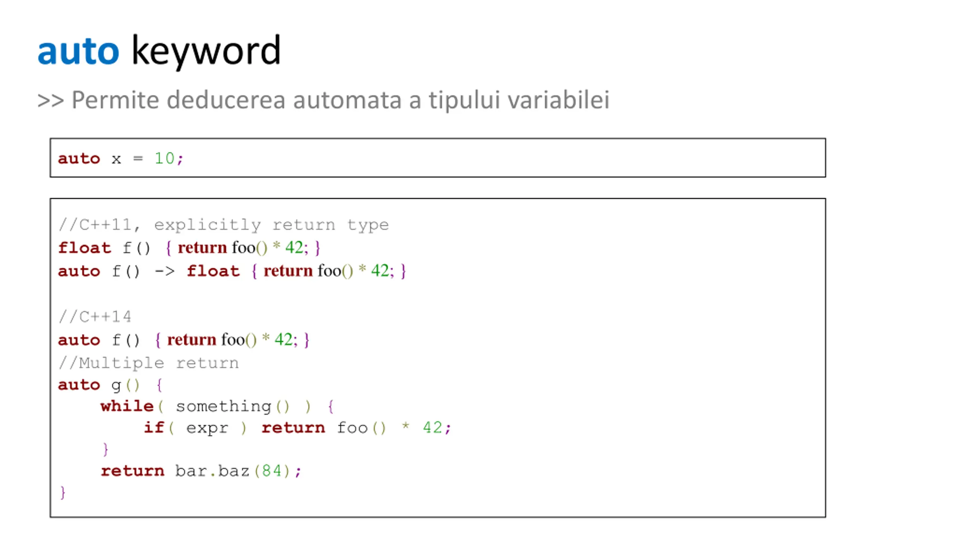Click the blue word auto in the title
coord(78,52)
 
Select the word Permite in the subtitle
coord(115,100)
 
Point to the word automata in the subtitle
coord(347,100)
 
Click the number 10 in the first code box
coord(164,158)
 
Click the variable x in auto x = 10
coord(116,159)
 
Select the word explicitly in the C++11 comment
coord(207,225)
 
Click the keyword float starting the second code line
coord(84,248)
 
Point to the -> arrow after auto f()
coord(164,271)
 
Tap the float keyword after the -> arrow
coord(213,271)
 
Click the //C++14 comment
coord(95,317)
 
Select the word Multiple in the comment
coord(121,363)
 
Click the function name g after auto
coord(116,385)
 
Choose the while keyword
coord(127,406)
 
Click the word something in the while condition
coord(224,406)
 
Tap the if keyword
coord(154,427)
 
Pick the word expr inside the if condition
coord(207,428)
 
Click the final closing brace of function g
coord(63,492)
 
